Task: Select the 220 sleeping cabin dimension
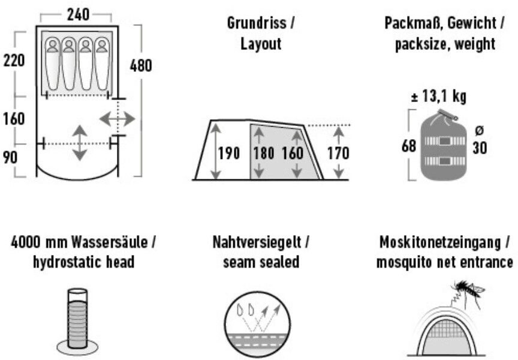click(x=14, y=60)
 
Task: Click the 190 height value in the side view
click(x=228, y=153)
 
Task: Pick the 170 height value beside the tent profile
click(x=338, y=153)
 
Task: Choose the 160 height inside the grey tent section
click(x=292, y=153)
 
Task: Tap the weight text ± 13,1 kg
click(x=439, y=97)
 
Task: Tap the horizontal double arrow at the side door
click(x=118, y=119)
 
